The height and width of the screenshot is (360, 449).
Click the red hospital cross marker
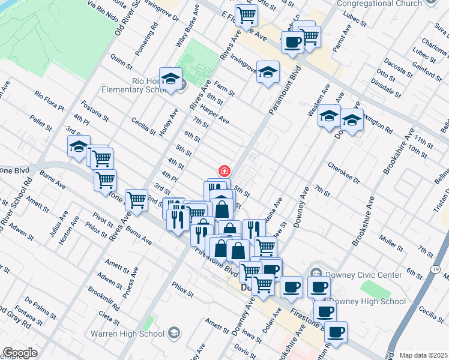pos(224,172)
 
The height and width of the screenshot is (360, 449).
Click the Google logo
pos(20,353)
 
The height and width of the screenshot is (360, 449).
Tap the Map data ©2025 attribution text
pos(423,355)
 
